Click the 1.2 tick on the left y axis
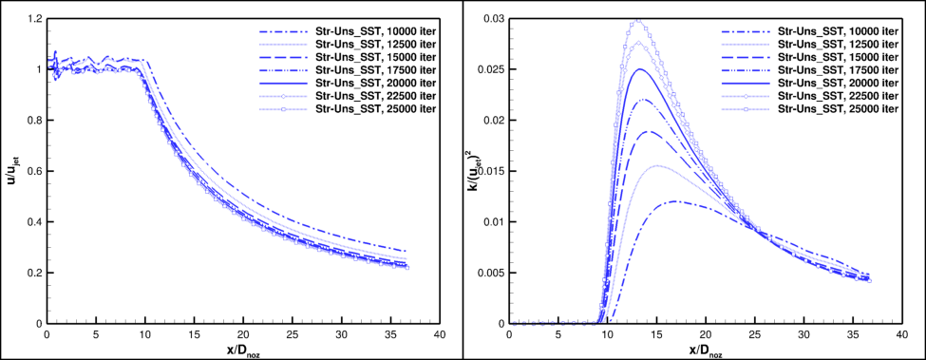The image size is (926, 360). [x=34, y=18]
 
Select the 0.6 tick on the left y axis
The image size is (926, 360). [x=34, y=171]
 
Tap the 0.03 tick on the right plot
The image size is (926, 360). [x=493, y=18]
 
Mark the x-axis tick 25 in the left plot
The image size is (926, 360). [x=293, y=335]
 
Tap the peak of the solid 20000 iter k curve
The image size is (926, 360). [x=640, y=69]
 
